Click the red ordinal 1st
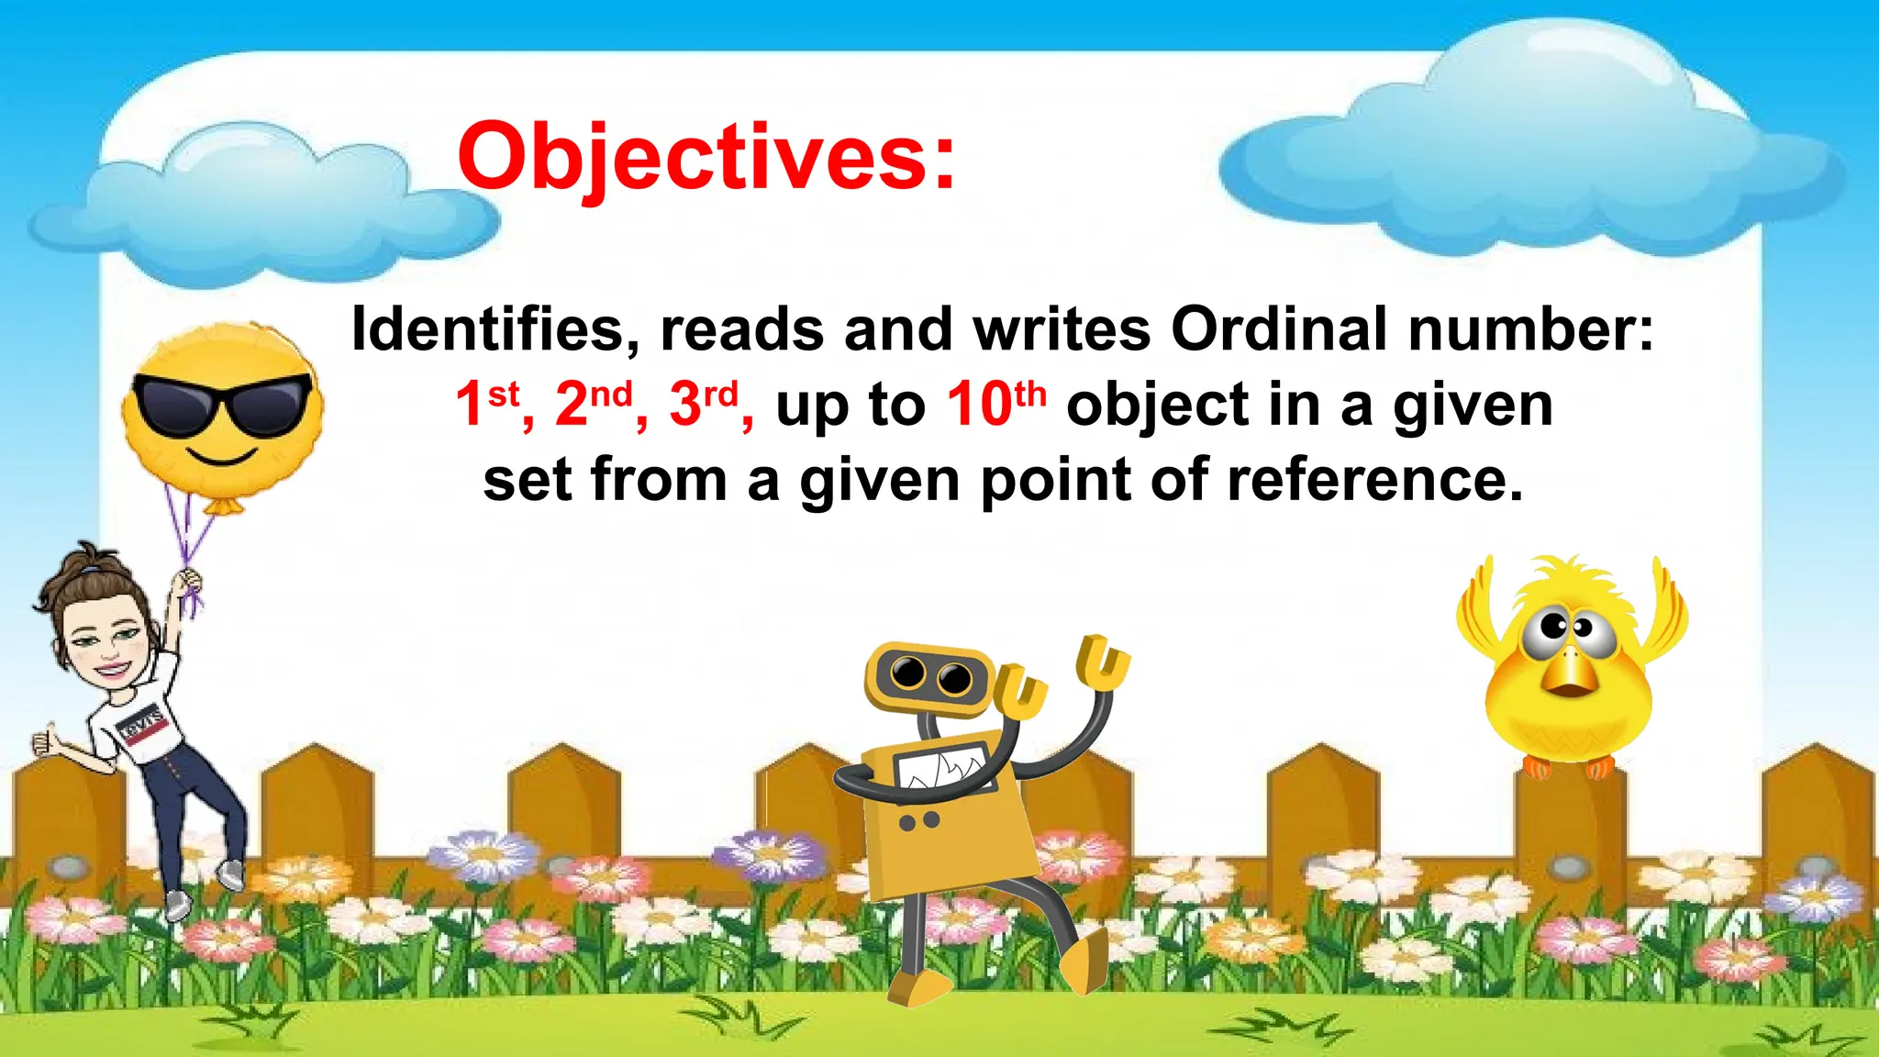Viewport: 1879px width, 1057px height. (x=487, y=404)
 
